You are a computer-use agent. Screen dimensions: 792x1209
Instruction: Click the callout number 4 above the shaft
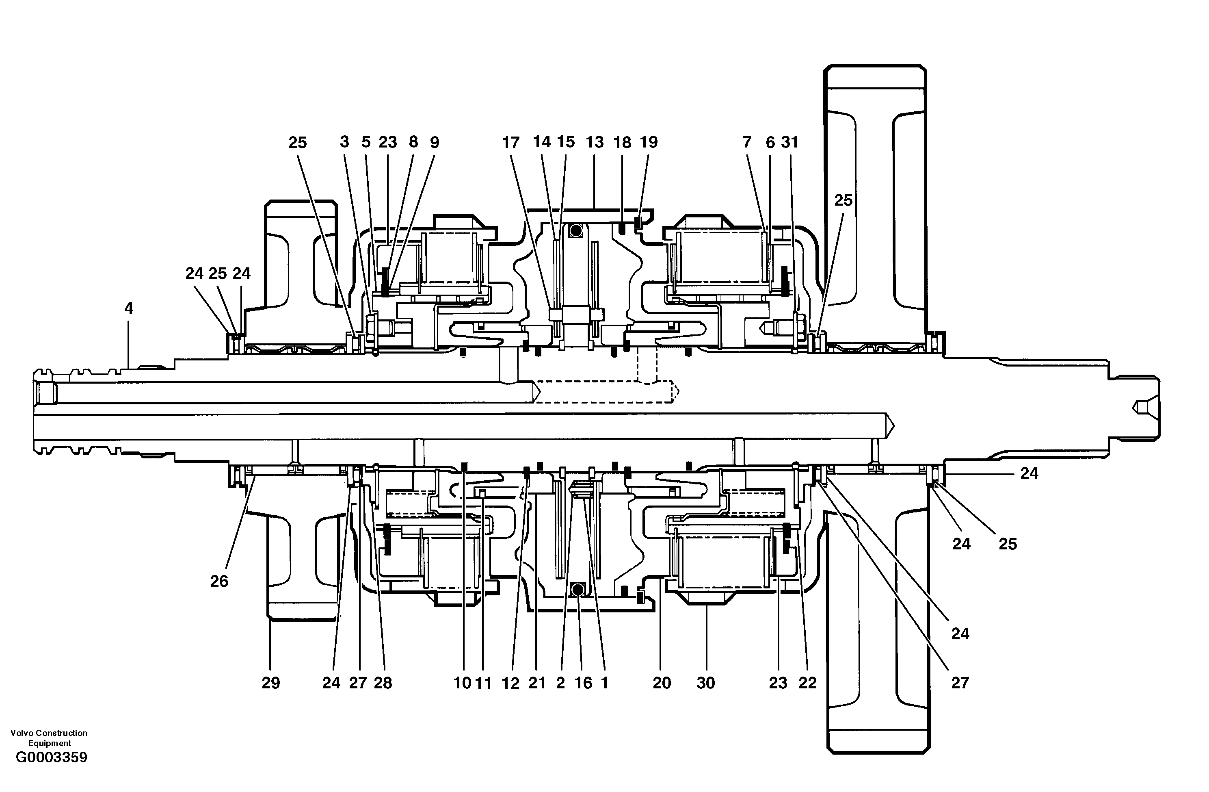click(128, 308)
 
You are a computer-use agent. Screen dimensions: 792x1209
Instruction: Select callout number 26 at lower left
click(219, 581)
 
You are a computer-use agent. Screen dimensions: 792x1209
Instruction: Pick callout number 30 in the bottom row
click(705, 683)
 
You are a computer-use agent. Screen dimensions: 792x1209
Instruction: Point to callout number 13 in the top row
click(594, 142)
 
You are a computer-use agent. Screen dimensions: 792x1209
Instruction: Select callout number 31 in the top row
click(789, 142)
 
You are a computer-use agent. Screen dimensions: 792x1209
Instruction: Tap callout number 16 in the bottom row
click(583, 683)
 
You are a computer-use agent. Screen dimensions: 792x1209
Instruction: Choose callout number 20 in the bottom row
click(662, 683)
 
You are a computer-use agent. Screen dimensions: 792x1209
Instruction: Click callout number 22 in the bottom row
click(807, 683)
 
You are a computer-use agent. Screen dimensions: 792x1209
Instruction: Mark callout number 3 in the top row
click(344, 142)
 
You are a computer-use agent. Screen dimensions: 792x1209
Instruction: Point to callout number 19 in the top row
click(649, 142)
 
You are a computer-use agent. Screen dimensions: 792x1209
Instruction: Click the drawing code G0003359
click(52, 757)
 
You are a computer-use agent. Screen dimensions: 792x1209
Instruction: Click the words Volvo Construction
click(49, 733)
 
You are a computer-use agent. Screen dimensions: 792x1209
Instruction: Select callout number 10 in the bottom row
click(462, 683)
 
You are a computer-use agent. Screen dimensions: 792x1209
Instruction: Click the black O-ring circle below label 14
click(575, 231)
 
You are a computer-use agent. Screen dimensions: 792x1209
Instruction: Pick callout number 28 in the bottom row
click(383, 683)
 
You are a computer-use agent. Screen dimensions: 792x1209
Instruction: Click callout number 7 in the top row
click(747, 142)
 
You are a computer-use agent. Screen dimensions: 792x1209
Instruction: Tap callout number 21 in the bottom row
click(537, 683)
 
